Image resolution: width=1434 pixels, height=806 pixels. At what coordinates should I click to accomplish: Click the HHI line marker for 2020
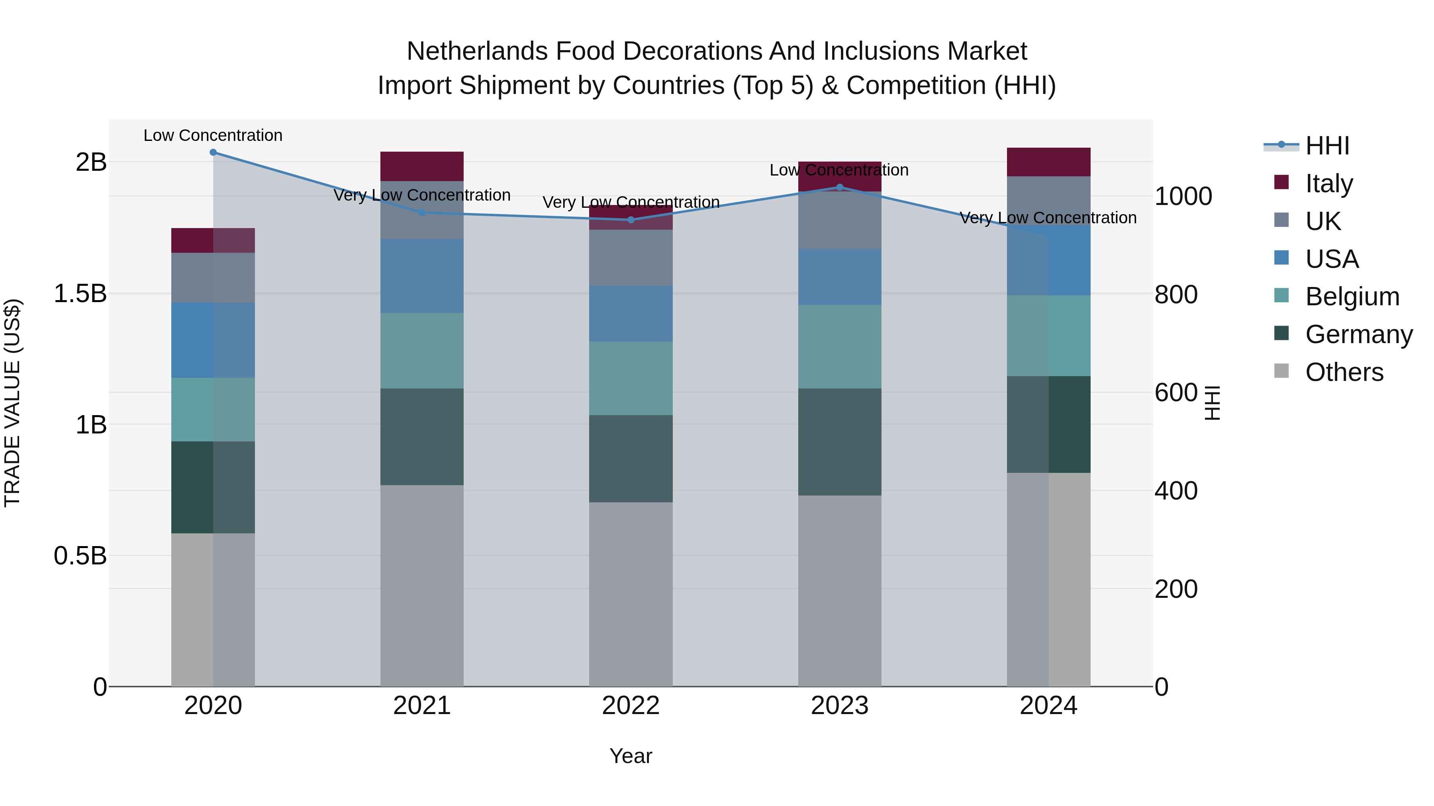(213, 152)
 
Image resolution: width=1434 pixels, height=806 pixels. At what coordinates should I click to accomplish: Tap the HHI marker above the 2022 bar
(631, 220)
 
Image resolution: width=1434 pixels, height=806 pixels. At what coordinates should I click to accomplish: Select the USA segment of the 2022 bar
(631, 314)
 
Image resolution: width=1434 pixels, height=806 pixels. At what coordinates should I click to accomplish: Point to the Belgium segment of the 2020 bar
(213, 410)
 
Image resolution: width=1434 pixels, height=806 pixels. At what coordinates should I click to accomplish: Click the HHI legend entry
(1327, 146)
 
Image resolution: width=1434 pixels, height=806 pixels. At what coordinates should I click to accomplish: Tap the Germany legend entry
(1358, 334)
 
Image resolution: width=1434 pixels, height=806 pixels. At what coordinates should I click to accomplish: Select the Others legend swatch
(1281, 371)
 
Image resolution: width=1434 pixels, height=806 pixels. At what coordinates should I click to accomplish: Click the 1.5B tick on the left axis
(80, 293)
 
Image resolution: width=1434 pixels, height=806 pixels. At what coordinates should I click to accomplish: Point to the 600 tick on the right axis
(1176, 392)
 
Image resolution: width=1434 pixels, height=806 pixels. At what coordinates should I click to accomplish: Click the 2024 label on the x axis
(1049, 706)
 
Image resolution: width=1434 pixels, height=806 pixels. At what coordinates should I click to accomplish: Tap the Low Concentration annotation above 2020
(213, 135)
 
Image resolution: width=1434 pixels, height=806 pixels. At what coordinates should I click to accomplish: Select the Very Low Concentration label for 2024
(1048, 217)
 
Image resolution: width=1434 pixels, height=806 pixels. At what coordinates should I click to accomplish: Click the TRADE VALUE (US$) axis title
(12, 403)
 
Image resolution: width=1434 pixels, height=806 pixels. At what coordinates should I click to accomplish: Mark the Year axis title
(631, 756)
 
